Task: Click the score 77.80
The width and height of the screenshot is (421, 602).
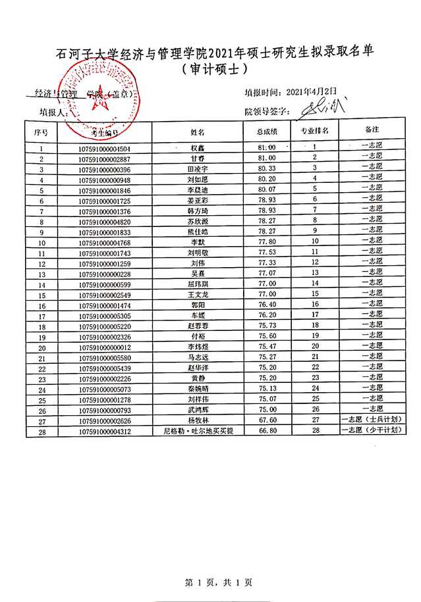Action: coord(267,241)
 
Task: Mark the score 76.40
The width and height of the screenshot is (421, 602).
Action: coord(267,305)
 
